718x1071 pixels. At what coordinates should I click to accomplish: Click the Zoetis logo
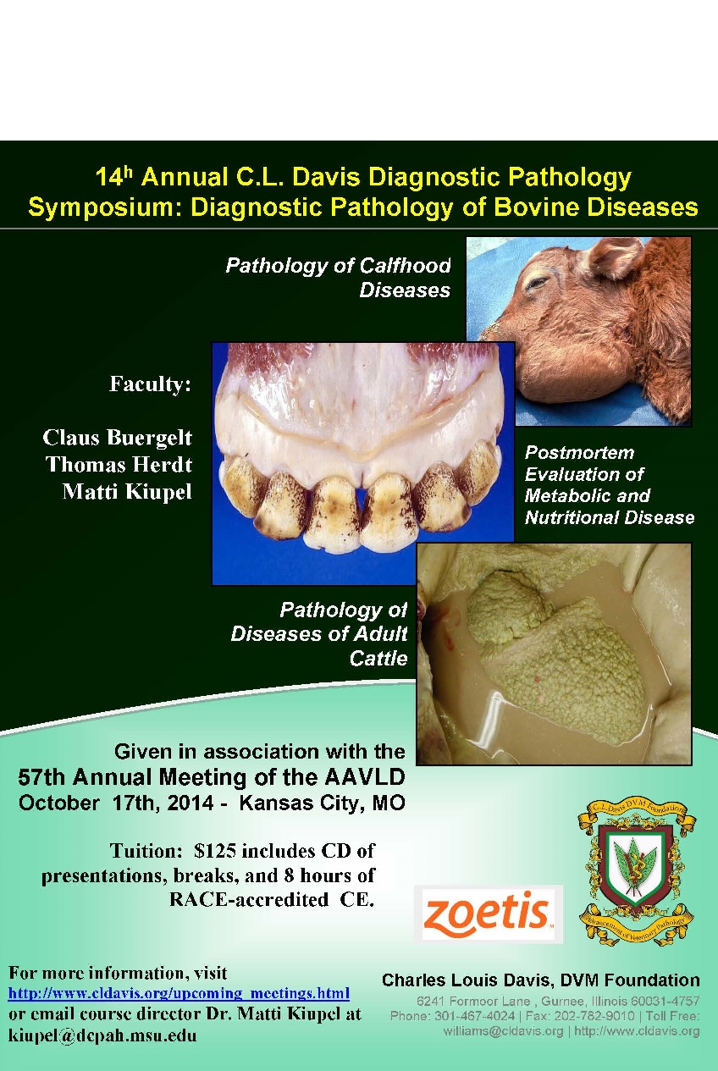[488, 914]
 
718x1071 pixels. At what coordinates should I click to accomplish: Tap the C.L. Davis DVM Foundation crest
[637, 874]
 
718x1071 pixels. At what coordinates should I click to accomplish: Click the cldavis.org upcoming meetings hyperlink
[179, 994]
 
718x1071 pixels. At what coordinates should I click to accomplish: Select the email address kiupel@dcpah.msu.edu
[102, 1035]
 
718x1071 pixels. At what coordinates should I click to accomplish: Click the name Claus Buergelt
[117, 438]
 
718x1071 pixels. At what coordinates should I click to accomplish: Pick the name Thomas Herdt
[119, 464]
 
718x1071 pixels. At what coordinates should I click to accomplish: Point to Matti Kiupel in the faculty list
[127, 492]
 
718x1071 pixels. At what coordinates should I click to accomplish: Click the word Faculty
[150, 384]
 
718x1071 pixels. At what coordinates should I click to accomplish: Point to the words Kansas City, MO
[323, 803]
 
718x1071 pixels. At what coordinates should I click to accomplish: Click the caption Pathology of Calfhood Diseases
[338, 278]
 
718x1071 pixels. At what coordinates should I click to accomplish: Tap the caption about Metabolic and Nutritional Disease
[610, 485]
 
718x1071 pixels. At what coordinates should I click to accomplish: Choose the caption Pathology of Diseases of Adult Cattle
[319, 634]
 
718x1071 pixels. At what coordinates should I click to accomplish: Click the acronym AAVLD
[365, 776]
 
